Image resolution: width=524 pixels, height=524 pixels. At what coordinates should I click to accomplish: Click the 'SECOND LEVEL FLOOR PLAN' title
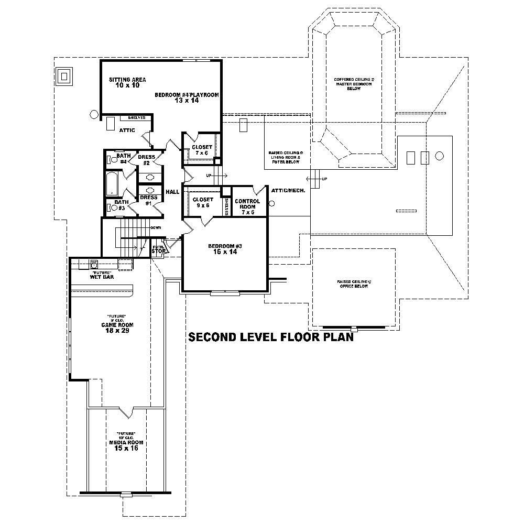(271, 337)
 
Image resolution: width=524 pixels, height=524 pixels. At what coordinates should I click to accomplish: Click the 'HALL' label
(172, 192)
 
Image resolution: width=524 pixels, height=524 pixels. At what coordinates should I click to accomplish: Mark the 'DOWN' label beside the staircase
(155, 228)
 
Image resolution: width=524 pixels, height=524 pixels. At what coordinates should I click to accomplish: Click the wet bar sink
(95, 264)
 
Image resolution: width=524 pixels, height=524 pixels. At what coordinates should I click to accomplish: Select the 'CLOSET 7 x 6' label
(202, 150)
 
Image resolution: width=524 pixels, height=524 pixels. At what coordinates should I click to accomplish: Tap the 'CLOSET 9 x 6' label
(202, 202)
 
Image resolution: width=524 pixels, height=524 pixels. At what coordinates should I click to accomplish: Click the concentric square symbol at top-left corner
(65, 77)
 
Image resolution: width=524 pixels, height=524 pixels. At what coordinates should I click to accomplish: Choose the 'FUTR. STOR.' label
(158, 249)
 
